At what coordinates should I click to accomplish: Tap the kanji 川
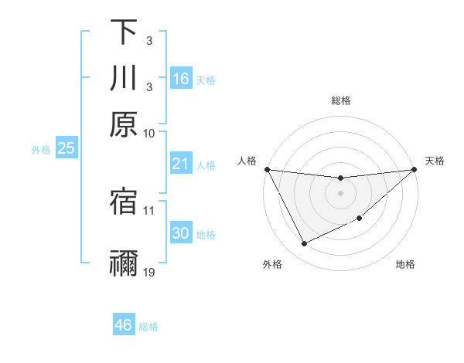[124, 78]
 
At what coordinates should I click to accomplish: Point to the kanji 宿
[124, 202]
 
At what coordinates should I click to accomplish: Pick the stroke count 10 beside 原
[149, 133]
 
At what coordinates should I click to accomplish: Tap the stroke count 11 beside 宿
[149, 209]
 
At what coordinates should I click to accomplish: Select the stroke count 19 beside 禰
[149, 273]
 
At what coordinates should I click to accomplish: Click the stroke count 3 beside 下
[148, 39]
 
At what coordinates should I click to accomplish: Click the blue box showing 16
[181, 78]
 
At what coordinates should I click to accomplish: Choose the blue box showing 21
[181, 164]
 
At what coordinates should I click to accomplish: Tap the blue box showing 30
[181, 233]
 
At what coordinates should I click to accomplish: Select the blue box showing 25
[66, 148]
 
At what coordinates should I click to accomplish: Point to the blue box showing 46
[124, 325]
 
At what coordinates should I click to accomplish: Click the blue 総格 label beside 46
[148, 327]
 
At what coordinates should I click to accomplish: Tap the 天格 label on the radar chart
[435, 161]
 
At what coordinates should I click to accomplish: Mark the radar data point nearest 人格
[268, 169]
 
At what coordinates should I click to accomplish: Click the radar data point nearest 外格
[304, 244]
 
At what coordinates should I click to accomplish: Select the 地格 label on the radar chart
[405, 265]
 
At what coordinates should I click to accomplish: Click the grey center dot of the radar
[340, 193]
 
